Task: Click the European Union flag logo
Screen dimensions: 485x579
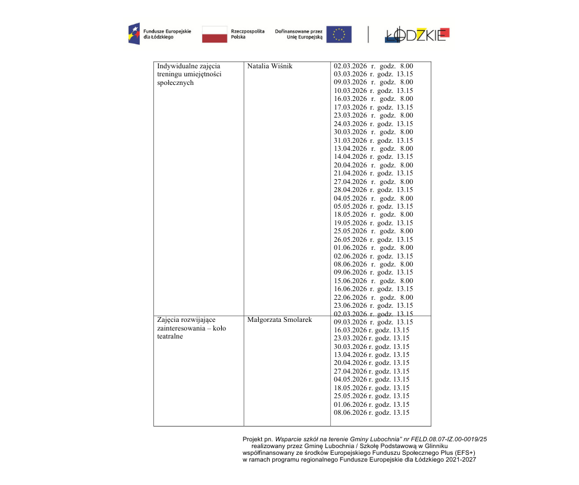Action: [x=339, y=34]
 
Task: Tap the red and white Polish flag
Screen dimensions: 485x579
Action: [x=214, y=34]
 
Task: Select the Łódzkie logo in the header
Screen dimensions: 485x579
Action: [x=417, y=35]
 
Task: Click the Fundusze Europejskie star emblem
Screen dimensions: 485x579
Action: [x=134, y=34]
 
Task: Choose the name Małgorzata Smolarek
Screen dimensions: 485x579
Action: [x=279, y=320]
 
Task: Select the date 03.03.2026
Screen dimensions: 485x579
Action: [x=350, y=74]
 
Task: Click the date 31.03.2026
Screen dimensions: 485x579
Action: [x=350, y=140]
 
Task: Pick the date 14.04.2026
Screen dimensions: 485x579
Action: [x=350, y=157]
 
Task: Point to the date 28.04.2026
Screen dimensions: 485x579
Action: [x=350, y=190]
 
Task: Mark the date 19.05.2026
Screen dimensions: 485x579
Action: [x=350, y=223]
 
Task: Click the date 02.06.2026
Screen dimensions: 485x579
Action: [x=350, y=257]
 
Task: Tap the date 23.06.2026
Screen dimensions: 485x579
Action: [x=350, y=306]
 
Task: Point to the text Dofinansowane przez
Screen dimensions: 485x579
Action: [x=299, y=31]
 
